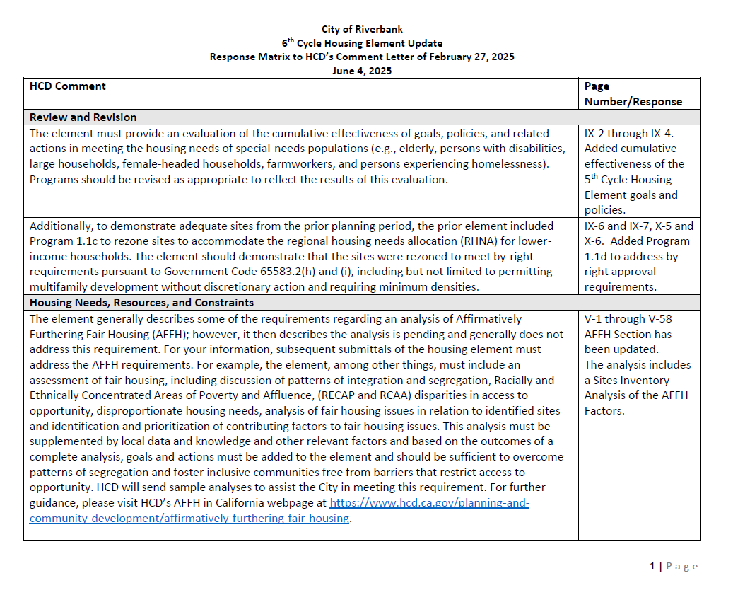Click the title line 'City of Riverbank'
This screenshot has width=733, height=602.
362,29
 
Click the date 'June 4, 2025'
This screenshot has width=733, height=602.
362,71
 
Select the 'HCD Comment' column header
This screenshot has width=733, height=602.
68,86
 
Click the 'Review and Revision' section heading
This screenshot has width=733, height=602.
83,117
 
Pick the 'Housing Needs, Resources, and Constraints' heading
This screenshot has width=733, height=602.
142,303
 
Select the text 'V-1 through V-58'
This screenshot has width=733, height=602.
628,318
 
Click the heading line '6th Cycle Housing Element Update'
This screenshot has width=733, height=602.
362,43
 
